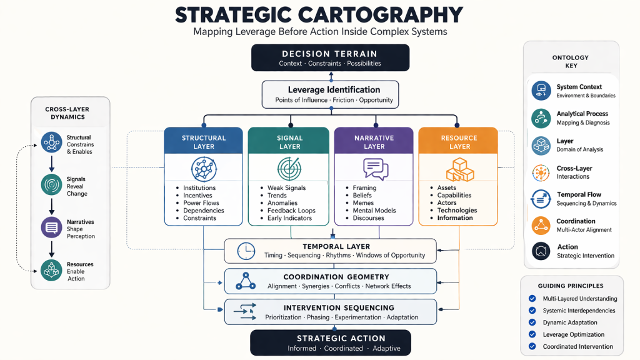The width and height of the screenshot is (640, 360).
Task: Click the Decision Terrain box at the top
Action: [330, 57]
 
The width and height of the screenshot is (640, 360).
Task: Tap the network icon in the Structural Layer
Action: [204, 169]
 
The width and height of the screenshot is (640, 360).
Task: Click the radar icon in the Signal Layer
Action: [289, 169]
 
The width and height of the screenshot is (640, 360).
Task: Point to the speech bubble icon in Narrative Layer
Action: [375, 169]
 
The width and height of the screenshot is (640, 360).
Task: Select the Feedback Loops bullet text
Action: [291, 211]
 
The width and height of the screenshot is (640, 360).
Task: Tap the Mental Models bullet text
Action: [374, 211]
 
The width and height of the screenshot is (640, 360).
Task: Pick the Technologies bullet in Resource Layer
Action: [457, 211]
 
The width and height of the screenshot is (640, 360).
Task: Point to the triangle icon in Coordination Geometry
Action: [245, 282]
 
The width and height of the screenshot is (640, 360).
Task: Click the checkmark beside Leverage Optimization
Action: [532, 335]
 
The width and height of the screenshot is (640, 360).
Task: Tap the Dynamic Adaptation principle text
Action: [570, 322]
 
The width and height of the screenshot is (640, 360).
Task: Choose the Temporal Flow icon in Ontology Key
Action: [540, 199]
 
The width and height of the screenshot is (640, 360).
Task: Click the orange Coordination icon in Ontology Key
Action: [540, 225]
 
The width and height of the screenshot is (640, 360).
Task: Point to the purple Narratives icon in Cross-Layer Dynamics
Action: [51, 227]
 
